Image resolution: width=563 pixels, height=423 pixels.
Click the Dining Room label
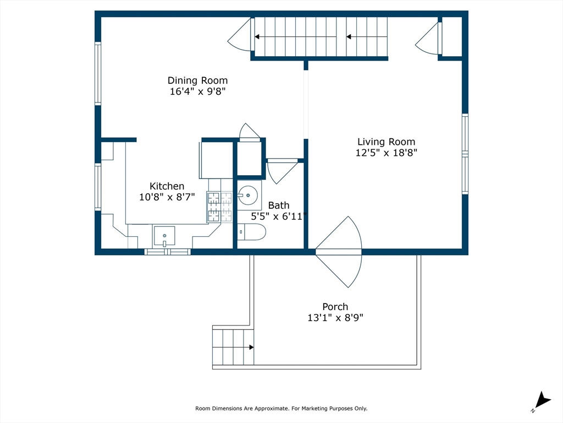pyautogui.click(x=197, y=80)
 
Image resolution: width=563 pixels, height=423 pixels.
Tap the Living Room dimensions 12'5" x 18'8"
pyautogui.click(x=386, y=153)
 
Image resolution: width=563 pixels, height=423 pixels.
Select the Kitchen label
pyautogui.click(x=167, y=186)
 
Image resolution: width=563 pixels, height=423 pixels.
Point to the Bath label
pyautogui.click(x=278, y=205)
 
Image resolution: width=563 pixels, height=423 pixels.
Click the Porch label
pyautogui.click(x=335, y=307)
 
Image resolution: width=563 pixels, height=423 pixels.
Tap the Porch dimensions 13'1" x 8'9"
pyautogui.click(x=335, y=318)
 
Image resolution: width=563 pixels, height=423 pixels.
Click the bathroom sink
pyautogui.click(x=247, y=194)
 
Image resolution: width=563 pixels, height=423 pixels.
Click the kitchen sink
pyautogui.click(x=164, y=236)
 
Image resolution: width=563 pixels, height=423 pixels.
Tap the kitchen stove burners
pyautogui.click(x=219, y=207)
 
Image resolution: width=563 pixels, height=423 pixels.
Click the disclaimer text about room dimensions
pyautogui.click(x=281, y=409)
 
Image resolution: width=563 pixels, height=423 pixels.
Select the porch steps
pyautogui.click(x=233, y=347)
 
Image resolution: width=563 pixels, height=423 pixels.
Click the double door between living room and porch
pyautogui.click(x=339, y=252)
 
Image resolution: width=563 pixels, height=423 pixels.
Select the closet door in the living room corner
pyautogui.click(x=429, y=39)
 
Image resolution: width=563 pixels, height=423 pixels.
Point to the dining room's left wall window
pyautogui.click(x=98, y=74)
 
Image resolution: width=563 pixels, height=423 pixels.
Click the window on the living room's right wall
pyautogui.click(x=465, y=154)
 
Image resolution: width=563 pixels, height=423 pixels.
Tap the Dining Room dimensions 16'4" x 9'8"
pyautogui.click(x=197, y=92)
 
